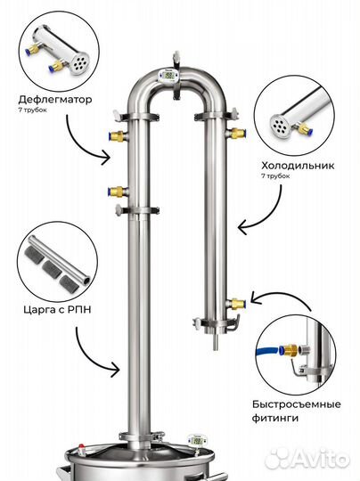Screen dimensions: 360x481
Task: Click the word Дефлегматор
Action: [55, 100]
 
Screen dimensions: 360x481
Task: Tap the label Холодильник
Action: [298, 166]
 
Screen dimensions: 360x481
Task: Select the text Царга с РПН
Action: [57, 309]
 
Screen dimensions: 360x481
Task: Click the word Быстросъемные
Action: [297, 404]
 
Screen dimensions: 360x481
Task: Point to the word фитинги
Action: [275, 418]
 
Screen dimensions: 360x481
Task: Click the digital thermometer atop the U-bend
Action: [168, 76]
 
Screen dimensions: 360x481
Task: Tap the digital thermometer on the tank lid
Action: [196, 441]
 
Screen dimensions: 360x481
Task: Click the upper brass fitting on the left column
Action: [118, 135]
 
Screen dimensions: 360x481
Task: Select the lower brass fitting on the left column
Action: [119, 192]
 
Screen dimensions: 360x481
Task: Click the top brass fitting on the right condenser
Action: [237, 133]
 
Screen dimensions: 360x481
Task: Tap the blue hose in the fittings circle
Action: [267, 351]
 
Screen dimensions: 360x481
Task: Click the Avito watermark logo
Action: [307, 459]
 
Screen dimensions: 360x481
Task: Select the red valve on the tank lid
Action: [81, 447]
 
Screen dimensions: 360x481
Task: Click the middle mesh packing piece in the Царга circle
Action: [53, 268]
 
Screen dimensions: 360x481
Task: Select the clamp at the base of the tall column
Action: [141, 436]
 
